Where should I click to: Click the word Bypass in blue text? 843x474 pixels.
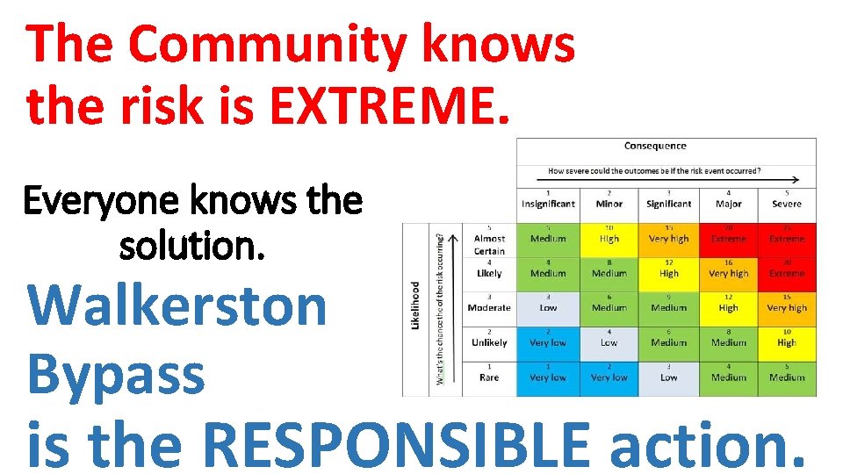tap(116, 373)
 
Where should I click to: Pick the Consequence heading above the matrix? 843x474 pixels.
tap(655, 146)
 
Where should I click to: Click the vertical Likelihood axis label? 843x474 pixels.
tap(416, 305)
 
